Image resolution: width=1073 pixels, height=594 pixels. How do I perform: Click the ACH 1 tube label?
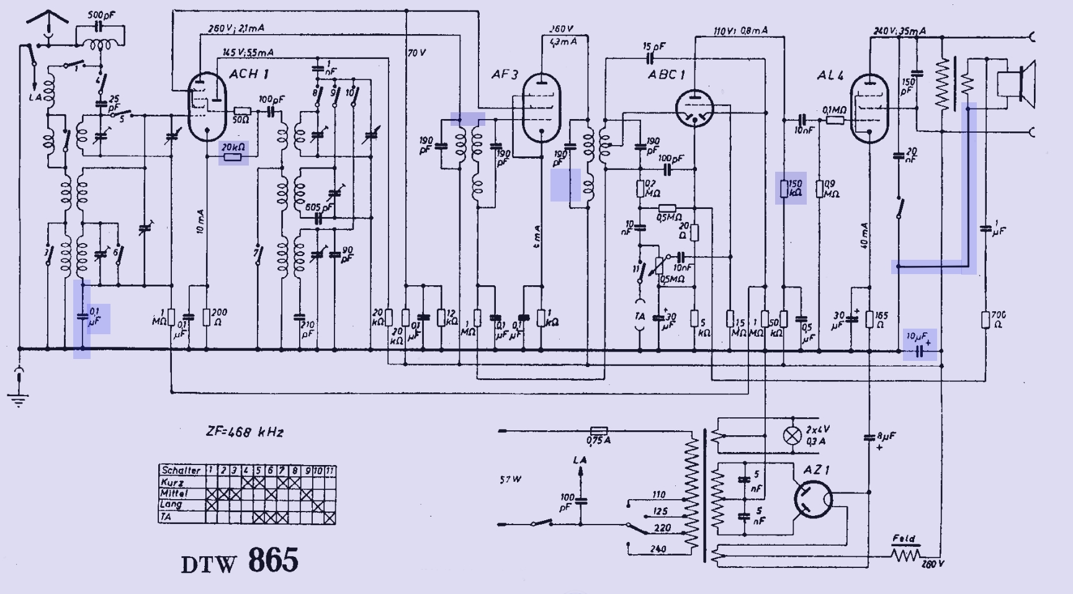coord(249,74)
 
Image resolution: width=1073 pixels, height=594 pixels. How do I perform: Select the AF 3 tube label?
coord(505,74)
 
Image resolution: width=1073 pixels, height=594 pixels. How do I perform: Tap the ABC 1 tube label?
coord(666,74)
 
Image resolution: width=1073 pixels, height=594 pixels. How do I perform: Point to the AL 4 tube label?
coord(830,76)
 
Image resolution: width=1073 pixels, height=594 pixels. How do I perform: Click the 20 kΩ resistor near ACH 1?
coord(233,155)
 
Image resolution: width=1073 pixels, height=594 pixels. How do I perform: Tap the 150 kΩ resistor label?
coord(795,188)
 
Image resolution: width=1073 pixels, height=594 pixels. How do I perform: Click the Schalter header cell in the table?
coord(181,470)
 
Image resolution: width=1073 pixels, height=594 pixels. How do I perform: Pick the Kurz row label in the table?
coord(174,482)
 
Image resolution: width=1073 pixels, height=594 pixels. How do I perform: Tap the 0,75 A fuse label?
coord(598,440)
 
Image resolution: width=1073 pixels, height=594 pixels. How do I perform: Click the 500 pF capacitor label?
coord(101,14)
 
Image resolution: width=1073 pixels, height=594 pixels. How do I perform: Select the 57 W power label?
coord(510,479)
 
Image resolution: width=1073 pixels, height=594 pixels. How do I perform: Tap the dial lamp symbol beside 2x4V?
coord(791,435)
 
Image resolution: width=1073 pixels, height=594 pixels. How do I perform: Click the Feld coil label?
coord(904,539)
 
